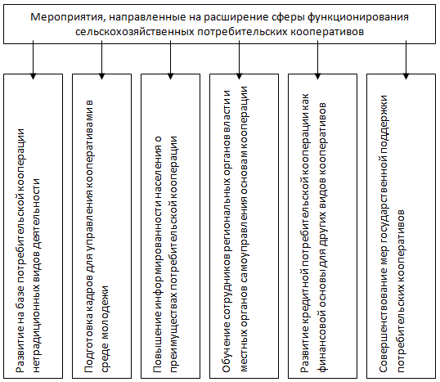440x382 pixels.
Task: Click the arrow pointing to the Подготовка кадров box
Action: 101,60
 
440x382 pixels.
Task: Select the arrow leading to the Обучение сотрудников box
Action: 239,60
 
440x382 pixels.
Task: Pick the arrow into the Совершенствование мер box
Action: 406,60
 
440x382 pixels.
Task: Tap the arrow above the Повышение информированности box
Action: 170,60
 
